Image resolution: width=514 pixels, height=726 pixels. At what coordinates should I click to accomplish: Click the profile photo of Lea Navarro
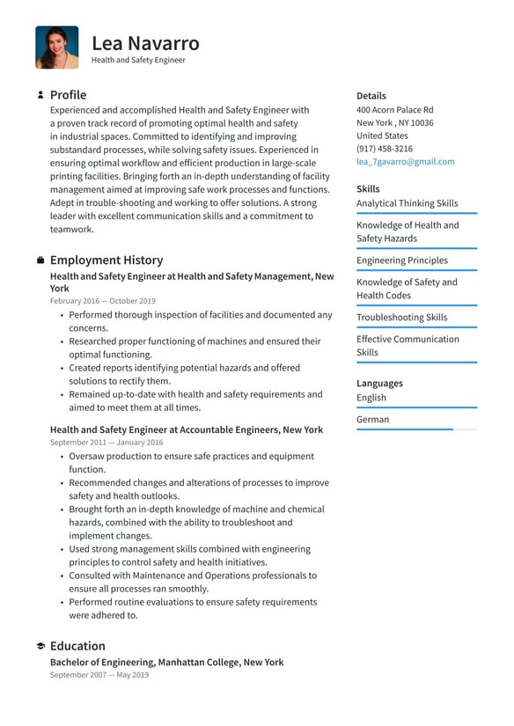(x=57, y=48)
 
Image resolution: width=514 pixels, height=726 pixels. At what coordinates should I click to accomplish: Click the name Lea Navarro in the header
(x=145, y=43)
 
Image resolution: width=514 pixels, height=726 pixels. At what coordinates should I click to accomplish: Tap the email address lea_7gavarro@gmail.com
(x=406, y=162)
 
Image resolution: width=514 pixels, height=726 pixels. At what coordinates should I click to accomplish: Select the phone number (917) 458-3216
(x=385, y=149)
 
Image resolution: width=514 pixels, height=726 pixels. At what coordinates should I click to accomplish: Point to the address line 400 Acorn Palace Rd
(x=394, y=110)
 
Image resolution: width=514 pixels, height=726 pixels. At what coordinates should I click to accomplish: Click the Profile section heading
(x=68, y=95)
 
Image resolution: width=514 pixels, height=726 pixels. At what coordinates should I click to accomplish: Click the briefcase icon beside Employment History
(x=40, y=260)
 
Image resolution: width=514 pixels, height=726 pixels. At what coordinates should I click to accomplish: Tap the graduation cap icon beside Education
(x=40, y=646)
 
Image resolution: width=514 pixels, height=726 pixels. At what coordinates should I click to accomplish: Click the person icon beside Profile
(x=40, y=95)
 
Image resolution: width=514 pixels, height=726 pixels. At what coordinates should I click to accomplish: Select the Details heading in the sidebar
(x=371, y=96)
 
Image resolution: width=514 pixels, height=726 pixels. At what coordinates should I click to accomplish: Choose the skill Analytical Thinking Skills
(x=407, y=203)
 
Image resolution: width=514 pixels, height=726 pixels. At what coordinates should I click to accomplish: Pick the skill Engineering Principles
(x=401, y=260)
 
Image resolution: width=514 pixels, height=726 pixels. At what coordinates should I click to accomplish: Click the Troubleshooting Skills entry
(x=401, y=318)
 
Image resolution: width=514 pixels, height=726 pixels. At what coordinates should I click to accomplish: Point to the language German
(x=372, y=420)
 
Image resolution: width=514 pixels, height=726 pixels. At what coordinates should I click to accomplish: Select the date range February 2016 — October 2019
(x=102, y=301)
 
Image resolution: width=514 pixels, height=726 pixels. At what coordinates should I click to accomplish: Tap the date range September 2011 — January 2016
(x=106, y=443)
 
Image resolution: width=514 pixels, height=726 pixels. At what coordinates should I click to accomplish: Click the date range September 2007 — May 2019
(x=99, y=675)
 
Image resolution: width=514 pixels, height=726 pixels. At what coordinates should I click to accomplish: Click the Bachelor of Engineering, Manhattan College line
(x=166, y=662)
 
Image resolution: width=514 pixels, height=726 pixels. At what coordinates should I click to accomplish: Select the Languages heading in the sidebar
(x=379, y=384)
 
